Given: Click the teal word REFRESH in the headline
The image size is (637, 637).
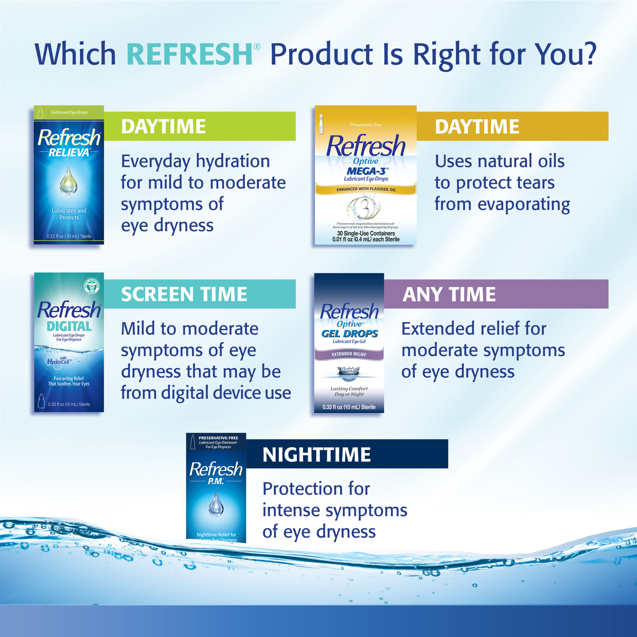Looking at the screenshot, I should pyautogui.click(x=189, y=54).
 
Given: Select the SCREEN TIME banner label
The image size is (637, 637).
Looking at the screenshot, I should pyautogui.click(x=184, y=294).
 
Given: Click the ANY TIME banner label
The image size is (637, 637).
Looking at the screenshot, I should pyautogui.click(x=449, y=294).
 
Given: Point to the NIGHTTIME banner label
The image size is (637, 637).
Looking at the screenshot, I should pyautogui.click(x=316, y=455).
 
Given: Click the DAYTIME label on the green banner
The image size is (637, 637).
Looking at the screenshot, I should pyautogui.click(x=164, y=127).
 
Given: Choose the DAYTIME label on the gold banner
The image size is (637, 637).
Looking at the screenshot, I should pyautogui.click(x=477, y=127).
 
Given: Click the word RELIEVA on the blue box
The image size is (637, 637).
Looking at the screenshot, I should pyautogui.click(x=69, y=152).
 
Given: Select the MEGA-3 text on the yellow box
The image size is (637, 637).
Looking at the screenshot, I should pyautogui.click(x=366, y=171).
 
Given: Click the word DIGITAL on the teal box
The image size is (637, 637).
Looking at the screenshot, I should pyautogui.click(x=69, y=326).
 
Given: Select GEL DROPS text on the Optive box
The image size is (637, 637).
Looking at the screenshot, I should pyautogui.click(x=350, y=334).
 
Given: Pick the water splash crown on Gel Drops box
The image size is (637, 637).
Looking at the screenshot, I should pyautogui.click(x=349, y=371).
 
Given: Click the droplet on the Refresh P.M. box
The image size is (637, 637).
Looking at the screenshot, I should pyautogui.click(x=216, y=503).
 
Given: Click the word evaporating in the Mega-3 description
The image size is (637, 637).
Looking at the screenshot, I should pyautogui.click(x=524, y=204).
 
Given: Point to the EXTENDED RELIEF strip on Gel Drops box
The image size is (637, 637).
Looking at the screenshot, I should pyautogui.click(x=349, y=354).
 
